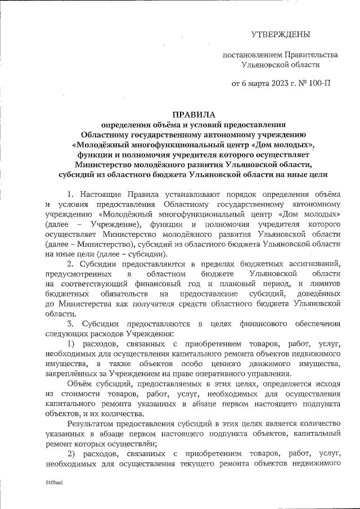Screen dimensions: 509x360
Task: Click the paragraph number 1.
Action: coord(69,194)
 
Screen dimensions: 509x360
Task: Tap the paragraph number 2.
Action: coord(69,263)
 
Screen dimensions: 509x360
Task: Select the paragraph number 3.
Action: coord(69,323)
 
